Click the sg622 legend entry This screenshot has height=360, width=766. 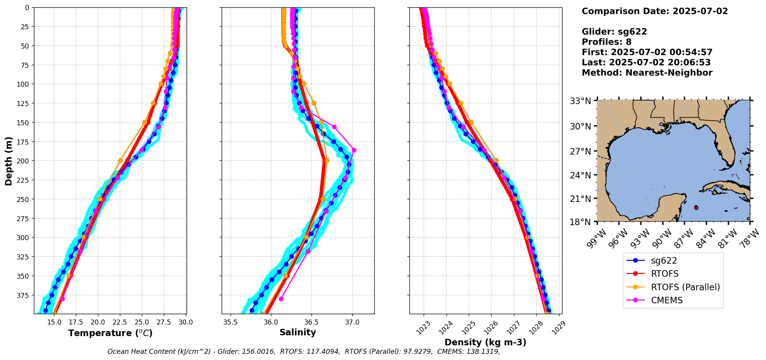[663, 261]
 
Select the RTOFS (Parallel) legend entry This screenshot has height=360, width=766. [685, 287]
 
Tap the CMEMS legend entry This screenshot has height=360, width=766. [667, 300]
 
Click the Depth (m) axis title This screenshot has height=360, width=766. [8, 161]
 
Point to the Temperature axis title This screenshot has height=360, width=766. [110, 333]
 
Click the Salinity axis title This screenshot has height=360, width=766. [298, 332]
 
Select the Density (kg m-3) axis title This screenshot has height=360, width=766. [485, 342]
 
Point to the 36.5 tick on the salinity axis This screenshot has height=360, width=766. [311, 322]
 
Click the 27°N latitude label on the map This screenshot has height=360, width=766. [581, 151]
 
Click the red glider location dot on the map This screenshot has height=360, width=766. [696, 208]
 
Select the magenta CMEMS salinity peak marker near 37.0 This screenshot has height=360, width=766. [354, 150]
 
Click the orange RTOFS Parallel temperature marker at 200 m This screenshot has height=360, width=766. [120, 160]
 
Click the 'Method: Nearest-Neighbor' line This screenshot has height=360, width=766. [647, 73]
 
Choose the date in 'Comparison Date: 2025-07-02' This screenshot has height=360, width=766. [700, 11]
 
